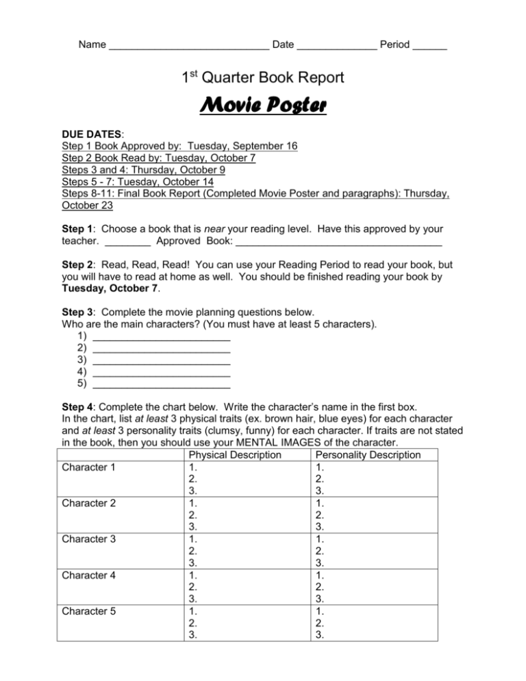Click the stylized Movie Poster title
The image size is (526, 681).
pyautogui.click(x=263, y=108)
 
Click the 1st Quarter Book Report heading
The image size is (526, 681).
pyautogui.click(x=263, y=78)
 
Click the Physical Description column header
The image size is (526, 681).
pyautogui.click(x=234, y=455)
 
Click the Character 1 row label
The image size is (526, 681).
pyautogui.click(x=89, y=468)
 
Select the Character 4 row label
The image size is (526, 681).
pyautogui.click(x=89, y=575)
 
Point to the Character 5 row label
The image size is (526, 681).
pyautogui.click(x=89, y=610)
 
